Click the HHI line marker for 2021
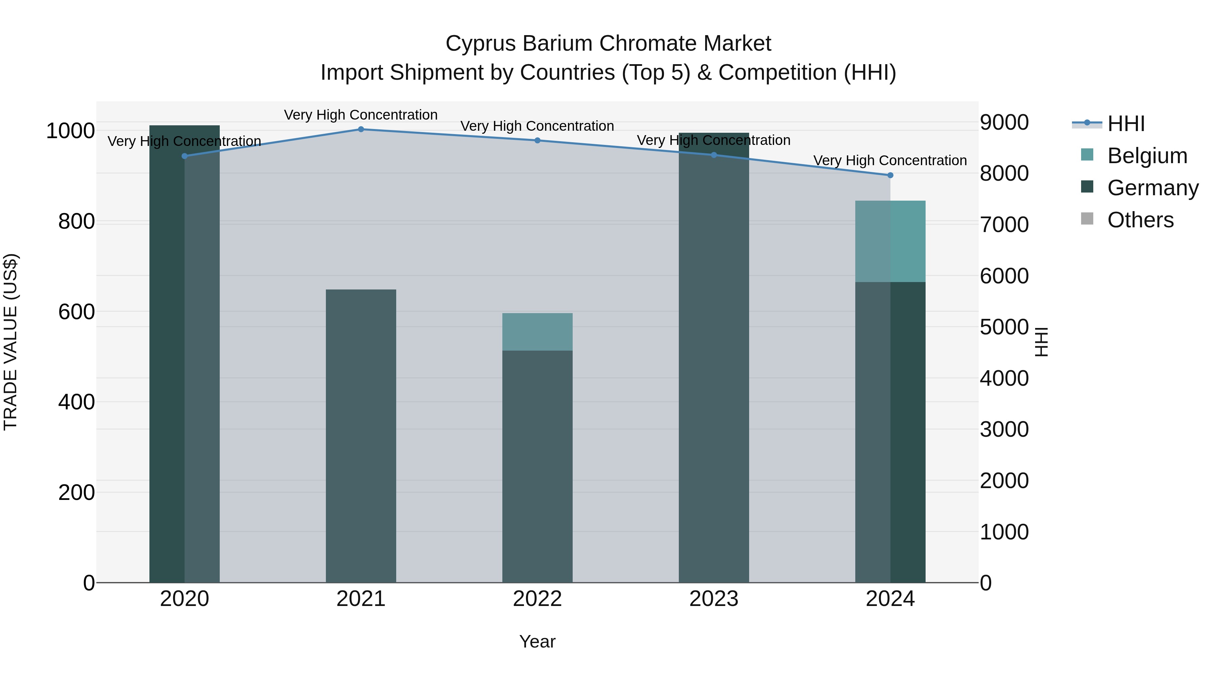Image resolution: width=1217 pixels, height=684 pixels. (361, 129)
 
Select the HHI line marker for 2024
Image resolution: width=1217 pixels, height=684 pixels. (890, 175)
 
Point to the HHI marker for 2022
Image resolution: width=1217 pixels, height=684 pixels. (537, 140)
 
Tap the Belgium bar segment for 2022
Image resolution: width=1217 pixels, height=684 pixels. (537, 332)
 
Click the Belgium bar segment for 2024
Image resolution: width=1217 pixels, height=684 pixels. (890, 241)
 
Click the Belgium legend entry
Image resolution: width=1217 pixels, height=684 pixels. (1147, 156)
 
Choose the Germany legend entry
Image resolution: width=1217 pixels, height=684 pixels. (1152, 188)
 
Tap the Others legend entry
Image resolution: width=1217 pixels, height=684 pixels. (1140, 220)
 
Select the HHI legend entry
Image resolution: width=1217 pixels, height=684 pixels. (1126, 124)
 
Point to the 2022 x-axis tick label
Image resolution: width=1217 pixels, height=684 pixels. (537, 599)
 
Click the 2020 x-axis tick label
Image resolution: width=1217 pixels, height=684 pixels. (184, 599)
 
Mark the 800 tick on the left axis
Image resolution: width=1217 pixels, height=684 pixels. (76, 221)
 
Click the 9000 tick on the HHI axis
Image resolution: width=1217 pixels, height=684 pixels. (1004, 122)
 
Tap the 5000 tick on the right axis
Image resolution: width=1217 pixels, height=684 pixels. (1004, 327)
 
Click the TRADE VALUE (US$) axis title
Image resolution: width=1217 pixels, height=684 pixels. (10, 342)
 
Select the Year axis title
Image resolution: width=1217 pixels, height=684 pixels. (537, 641)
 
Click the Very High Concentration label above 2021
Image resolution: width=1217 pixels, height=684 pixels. (361, 115)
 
